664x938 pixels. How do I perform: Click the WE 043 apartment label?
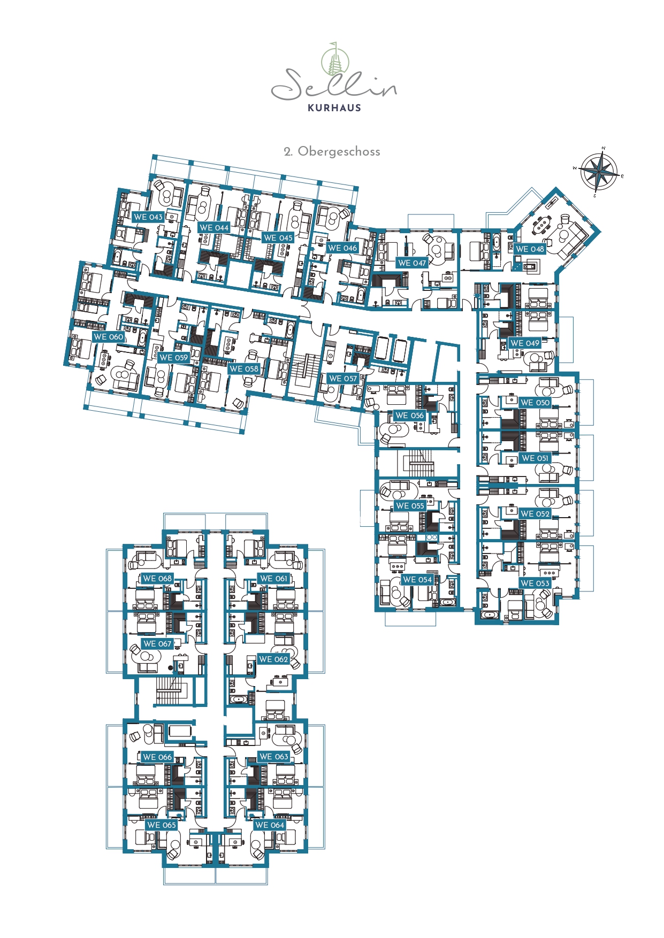[148, 217]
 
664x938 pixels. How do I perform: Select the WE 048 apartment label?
[530, 249]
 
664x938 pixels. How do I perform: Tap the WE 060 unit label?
[108, 337]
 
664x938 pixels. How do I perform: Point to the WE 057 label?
[343, 379]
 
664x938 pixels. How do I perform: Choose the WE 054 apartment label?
[417, 580]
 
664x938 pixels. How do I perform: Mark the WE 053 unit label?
[535, 583]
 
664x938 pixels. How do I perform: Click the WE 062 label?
[273, 659]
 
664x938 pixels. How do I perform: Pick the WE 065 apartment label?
[161, 825]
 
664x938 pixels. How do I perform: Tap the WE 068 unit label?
[157, 579]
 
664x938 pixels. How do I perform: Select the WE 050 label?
[535, 403]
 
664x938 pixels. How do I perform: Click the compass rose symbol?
[599, 172]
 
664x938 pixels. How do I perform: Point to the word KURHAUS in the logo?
[334, 107]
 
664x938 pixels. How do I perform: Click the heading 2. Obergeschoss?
[332, 151]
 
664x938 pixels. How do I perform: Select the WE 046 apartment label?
[342, 248]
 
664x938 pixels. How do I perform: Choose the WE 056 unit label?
[409, 416]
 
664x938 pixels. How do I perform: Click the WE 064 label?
[270, 825]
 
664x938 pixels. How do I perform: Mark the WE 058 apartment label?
[243, 369]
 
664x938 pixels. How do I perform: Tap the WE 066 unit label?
[157, 757]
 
